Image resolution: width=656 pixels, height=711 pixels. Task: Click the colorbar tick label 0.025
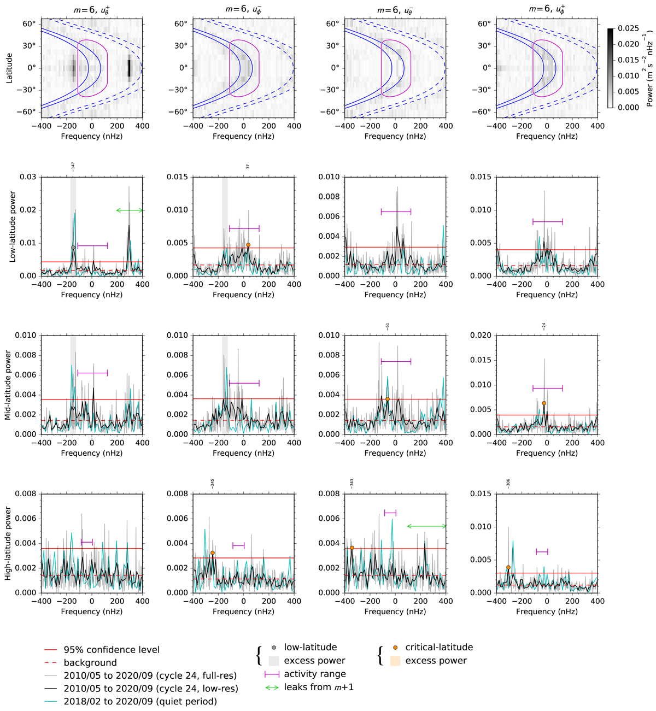pyautogui.click(x=629, y=28)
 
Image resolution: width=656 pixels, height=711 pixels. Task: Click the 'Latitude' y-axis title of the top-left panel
pyautogui.click(x=9, y=68)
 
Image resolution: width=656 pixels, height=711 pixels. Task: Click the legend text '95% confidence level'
pyautogui.click(x=112, y=650)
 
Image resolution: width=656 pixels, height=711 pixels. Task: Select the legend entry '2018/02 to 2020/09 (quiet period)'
pyautogui.click(x=140, y=702)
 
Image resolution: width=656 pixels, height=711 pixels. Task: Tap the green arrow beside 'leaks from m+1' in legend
pyautogui.click(x=272, y=687)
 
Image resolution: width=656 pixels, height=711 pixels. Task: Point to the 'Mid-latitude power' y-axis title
pyautogui.click(x=9, y=385)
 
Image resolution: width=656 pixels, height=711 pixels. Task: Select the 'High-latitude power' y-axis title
pyautogui.click(x=9, y=543)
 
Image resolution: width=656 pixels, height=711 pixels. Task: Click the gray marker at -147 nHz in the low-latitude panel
pyautogui.click(x=73, y=248)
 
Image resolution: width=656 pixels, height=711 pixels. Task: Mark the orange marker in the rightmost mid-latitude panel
pyautogui.click(x=544, y=403)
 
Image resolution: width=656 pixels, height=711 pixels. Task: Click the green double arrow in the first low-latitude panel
pyautogui.click(x=130, y=210)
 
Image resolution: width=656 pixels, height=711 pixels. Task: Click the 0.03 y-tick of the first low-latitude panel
pyautogui.click(x=28, y=177)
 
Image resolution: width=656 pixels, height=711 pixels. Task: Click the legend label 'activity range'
pyautogui.click(x=315, y=674)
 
